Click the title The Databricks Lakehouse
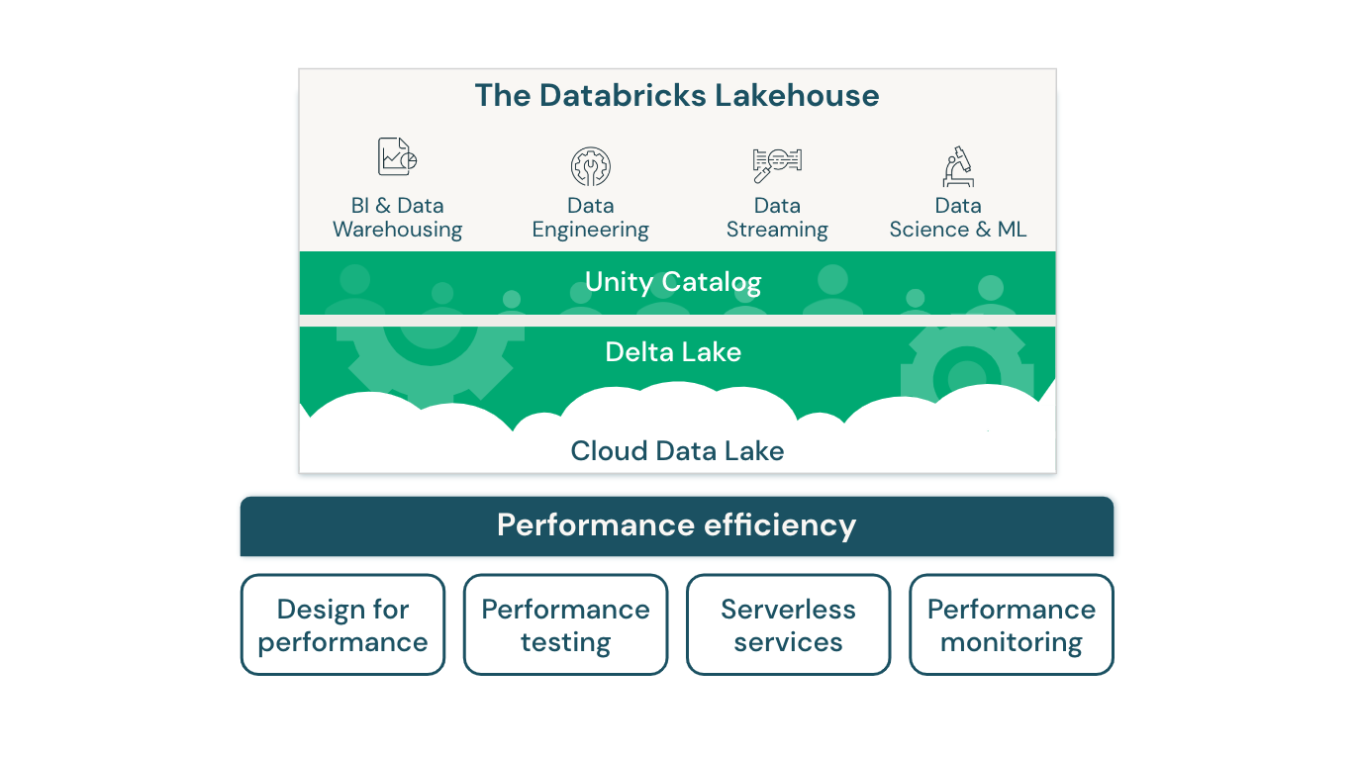(x=677, y=96)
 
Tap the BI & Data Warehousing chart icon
(x=397, y=157)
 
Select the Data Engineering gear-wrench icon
(x=590, y=166)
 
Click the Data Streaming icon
(x=777, y=164)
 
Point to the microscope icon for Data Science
(x=958, y=166)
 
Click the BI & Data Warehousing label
(x=397, y=218)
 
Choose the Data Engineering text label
(x=590, y=218)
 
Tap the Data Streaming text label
(x=777, y=218)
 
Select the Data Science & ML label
(x=958, y=218)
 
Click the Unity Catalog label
(x=673, y=282)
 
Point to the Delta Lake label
(x=673, y=352)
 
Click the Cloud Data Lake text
(x=677, y=451)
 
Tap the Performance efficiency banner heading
(x=677, y=524)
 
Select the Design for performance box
(x=342, y=625)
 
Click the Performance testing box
(x=565, y=625)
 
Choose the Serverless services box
(x=788, y=625)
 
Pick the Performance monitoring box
(x=1011, y=625)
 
